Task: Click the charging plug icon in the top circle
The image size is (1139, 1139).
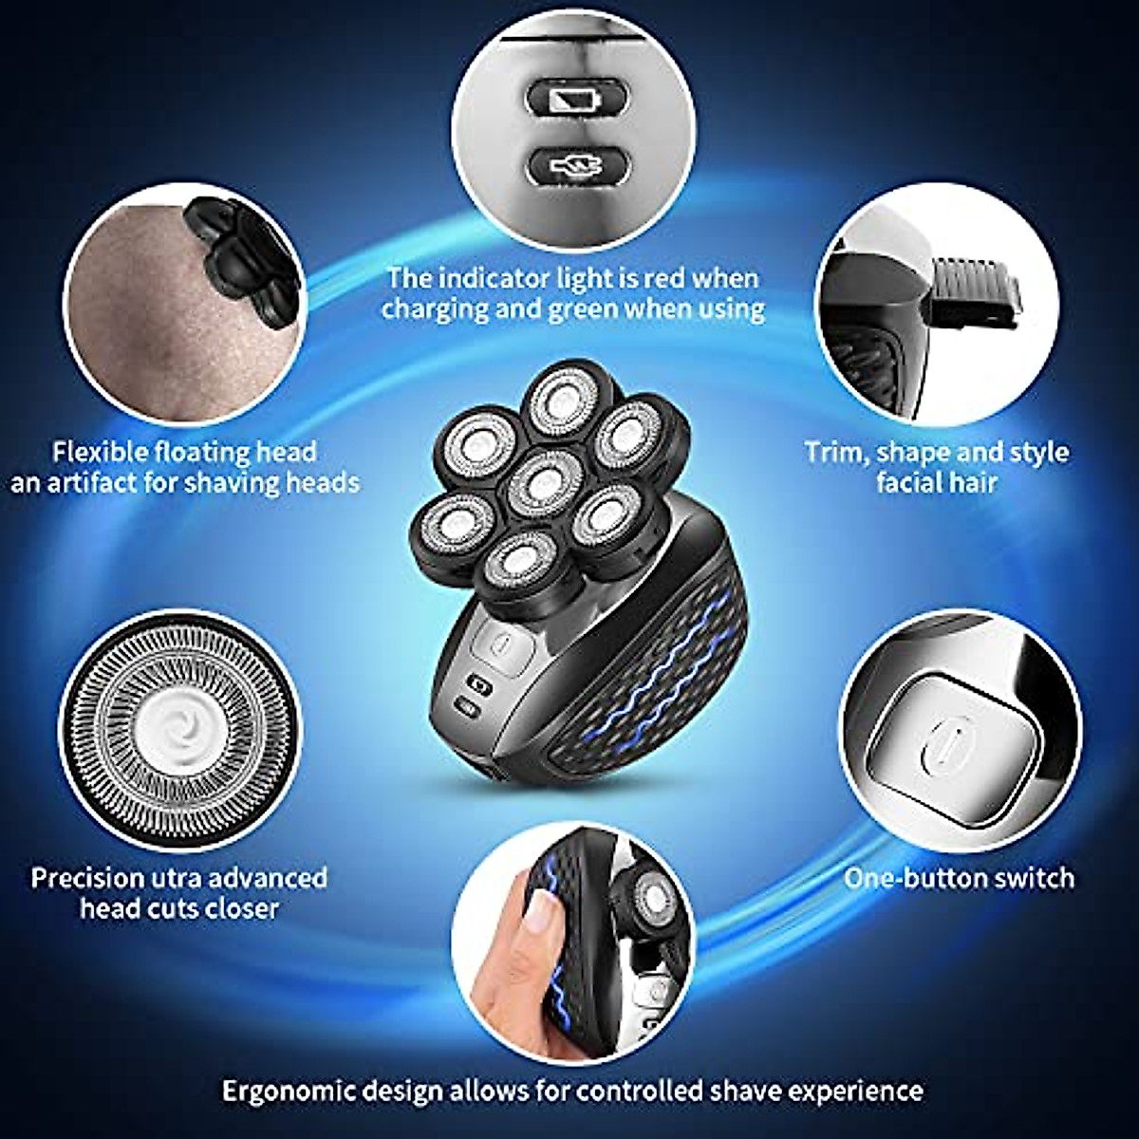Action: pos(576,167)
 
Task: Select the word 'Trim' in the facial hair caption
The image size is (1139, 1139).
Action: pos(831,453)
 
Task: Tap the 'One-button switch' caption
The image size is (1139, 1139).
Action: pos(959,878)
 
